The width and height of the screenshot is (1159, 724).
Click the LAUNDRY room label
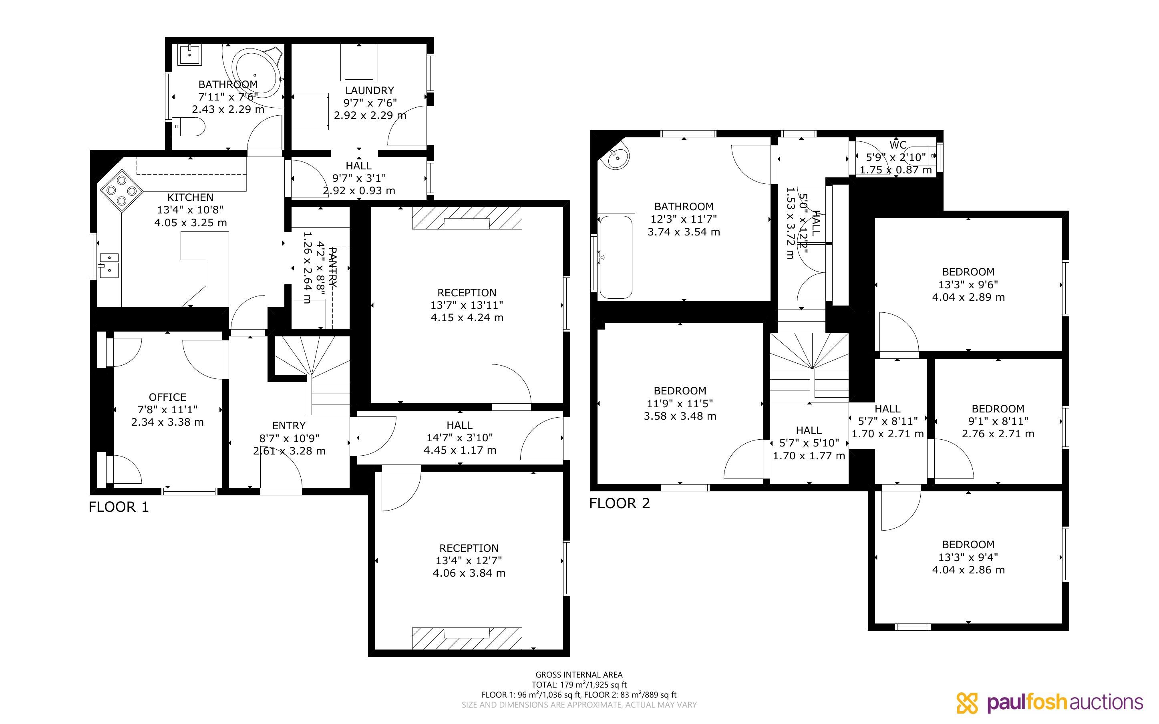pos(370,90)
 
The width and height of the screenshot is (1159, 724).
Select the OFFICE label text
pos(167,397)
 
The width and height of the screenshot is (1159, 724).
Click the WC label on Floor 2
pos(898,145)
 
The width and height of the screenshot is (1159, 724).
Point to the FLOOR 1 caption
pos(119,507)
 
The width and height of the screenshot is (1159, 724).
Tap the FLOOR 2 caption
pos(620,503)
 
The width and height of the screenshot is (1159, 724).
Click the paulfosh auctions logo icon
pos(967,703)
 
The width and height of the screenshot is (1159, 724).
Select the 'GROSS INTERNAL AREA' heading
pos(579,675)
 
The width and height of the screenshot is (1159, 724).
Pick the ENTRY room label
pos(289,426)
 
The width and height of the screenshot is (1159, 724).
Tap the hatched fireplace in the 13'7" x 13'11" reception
pos(467,218)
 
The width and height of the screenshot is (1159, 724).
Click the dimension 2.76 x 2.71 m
pos(998,434)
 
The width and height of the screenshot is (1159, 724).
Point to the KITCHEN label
pos(191,197)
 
